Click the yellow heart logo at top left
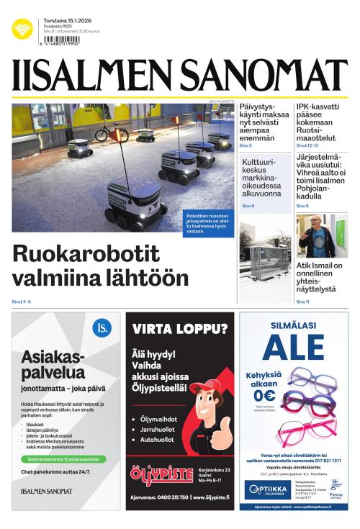22,29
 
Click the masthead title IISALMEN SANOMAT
179,75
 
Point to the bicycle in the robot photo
111,132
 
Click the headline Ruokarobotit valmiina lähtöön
101,266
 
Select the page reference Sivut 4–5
22,302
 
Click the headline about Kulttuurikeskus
264,182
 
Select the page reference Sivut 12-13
307,145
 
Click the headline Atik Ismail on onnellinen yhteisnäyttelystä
320,278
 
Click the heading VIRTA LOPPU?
180,330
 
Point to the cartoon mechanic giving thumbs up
209,417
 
